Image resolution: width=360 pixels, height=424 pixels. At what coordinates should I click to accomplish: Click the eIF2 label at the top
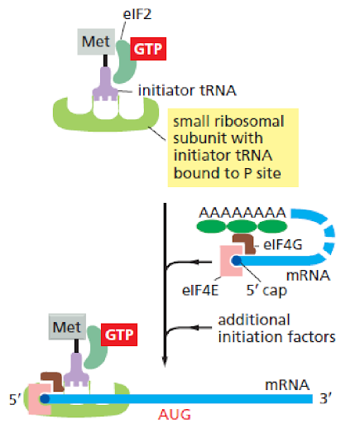pyautogui.click(x=137, y=14)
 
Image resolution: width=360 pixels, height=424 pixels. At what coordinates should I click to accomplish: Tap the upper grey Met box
pyautogui.click(x=96, y=41)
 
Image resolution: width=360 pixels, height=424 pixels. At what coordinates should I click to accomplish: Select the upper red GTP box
pyautogui.click(x=148, y=49)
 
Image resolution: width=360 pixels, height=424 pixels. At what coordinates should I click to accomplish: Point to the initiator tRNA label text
pyautogui.click(x=187, y=90)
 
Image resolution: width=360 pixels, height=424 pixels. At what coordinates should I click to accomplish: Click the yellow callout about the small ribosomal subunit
pyautogui.click(x=233, y=147)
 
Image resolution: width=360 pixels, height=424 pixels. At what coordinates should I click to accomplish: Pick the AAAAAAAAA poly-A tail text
pyautogui.click(x=242, y=213)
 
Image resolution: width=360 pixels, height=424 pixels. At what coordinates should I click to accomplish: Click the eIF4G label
pyautogui.click(x=283, y=244)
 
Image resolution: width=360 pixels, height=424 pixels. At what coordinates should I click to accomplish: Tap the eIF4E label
pyautogui.click(x=200, y=290)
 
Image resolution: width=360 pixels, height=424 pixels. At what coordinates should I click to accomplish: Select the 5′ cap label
pyautogui.click(x=266, y=291)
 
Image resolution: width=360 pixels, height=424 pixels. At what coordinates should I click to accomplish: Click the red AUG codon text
pyautogui.click(x=175, y=415)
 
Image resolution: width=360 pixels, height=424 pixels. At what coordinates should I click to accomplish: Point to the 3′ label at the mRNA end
pyautogui.click(x=325, y=398)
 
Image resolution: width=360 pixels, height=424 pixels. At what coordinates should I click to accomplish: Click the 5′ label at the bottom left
pyautogui.click(x=15, y=399)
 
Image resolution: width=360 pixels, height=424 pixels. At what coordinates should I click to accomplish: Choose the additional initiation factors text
pyautogui.click(x=276, y=329)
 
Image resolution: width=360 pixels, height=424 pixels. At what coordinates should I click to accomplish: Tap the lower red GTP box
pyautogui.click(x=119, y=335)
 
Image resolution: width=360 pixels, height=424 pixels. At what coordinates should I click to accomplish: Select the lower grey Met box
pyautogui.click(x=67, y=327)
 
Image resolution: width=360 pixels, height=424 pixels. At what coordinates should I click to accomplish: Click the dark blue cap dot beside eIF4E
pyautogui.click(x=237, y=260)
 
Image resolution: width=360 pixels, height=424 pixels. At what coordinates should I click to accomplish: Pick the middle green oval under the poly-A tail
pyautogui.click(x=242, y=226)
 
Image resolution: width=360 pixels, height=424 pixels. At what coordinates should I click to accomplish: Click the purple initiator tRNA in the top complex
pyautogui.click(x=105, y=84)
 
